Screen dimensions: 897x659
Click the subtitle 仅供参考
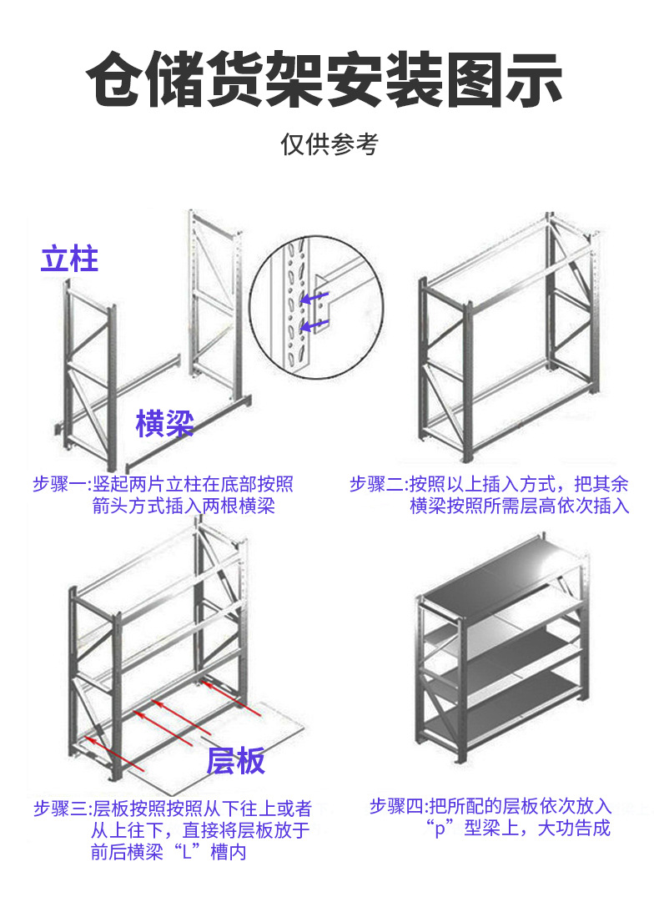[329, 144]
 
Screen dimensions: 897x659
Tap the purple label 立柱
[70, 259]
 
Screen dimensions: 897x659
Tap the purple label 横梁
[164, 423]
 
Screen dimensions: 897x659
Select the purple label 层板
[235, 760]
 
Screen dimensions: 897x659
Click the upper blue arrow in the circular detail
[314, 297]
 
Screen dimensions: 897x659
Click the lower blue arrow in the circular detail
[314, 325]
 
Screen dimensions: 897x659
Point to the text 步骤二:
[377, 485]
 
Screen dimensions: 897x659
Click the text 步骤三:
[60, 808]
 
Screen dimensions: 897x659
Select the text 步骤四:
[398, 807]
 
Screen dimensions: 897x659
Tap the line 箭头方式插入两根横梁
[183, 506]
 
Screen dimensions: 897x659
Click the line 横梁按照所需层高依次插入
[519, 506]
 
